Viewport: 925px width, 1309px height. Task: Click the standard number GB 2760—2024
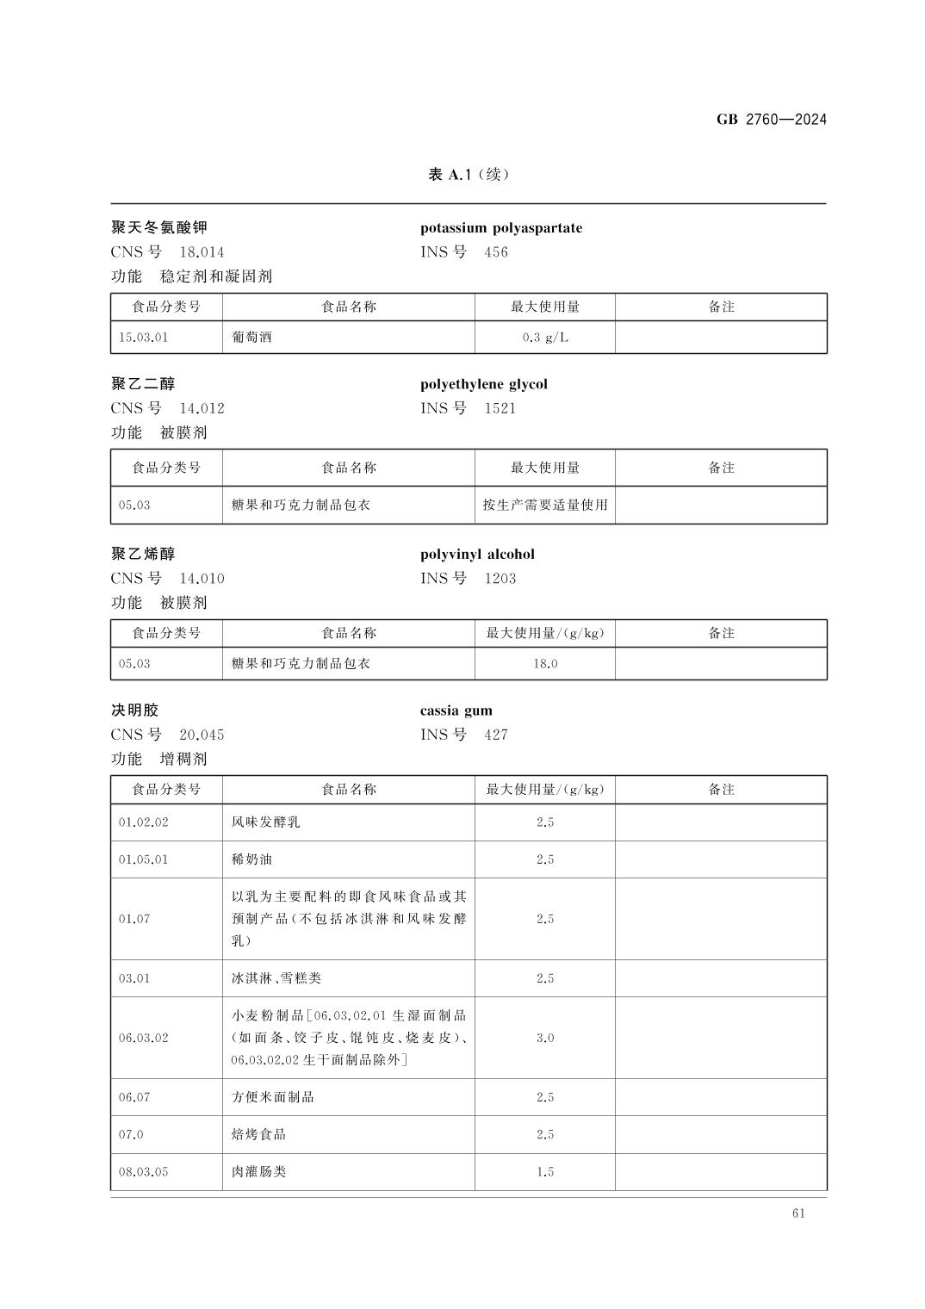coord(771,120)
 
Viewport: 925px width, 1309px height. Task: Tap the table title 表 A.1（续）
coord(469,175)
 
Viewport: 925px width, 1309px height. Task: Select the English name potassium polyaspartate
coord(500,228)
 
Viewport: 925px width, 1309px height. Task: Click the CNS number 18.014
coord(202,252)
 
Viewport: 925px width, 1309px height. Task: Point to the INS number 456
coord(496,252)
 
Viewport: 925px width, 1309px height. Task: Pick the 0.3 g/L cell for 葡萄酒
coord(544,338)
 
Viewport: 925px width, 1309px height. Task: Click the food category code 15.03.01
coord(144,338)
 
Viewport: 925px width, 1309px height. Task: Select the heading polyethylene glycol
coord(483,384)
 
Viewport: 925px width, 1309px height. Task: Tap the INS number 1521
coord(500,408)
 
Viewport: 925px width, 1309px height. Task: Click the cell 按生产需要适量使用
coord(544,506)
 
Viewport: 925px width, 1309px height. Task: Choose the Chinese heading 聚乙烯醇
coord(143,554)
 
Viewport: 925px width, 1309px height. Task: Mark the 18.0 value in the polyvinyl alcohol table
coord(544,664)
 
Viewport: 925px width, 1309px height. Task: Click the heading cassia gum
coord(456,710)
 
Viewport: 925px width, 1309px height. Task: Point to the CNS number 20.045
coord(202,735)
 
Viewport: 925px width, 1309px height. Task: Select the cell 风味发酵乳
coord(266,822)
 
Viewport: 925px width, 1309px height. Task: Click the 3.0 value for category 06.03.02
coord(544,1038)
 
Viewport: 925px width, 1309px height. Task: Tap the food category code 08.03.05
coord(144,1172)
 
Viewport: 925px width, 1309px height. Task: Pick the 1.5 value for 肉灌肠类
coord(544,1172)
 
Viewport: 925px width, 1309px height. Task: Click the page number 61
coord(798,1213)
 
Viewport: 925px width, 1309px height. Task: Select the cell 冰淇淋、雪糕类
coord(276,978)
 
